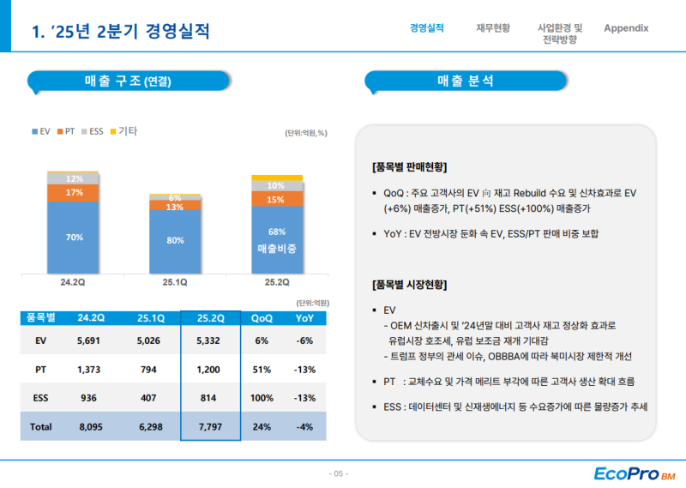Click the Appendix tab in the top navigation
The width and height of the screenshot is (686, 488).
(x=626, y=28)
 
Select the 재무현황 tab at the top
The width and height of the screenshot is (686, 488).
(x=493, y=28)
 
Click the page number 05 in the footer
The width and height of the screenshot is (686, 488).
(x=339, y=473)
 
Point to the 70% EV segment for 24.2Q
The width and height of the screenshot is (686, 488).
(x=74, y=238)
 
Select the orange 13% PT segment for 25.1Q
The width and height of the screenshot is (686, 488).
(x=175, y=207)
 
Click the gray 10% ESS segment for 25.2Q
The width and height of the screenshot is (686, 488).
(x=276, y=185)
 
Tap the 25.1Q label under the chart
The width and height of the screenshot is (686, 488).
(x=175, y=280)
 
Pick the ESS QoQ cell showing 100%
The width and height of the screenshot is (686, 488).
(x=262, y=398)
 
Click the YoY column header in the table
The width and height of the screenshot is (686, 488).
(x=304, y=317)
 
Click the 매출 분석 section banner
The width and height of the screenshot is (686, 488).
(x=465, y=81)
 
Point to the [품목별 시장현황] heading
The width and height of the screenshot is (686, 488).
(x=410, y=284)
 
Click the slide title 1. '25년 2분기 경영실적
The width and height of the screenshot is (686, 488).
(x=120, y=32)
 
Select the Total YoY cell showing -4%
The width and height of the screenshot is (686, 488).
(x=304, y=426)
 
